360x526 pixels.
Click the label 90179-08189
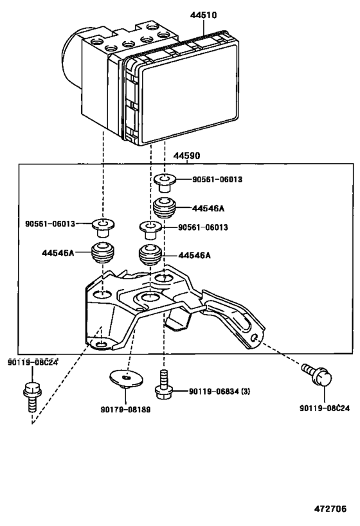[x=125, y=410]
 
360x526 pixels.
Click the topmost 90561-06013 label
[x=217, y=180]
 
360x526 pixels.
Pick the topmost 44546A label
[x=208, y=208]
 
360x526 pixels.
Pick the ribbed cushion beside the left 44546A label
[x=102, y=254]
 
